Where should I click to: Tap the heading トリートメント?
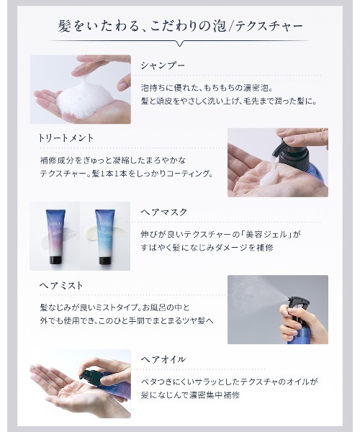click(x=66, y=137)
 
